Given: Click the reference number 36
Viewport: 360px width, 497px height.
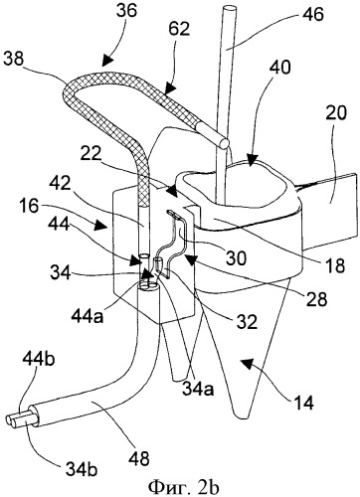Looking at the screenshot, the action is coord(126,11).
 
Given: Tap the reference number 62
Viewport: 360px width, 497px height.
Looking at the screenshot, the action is coord(179,29).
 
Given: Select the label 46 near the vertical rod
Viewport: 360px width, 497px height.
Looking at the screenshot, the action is coord(312,15).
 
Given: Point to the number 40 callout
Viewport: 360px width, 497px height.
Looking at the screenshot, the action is coord(280,67).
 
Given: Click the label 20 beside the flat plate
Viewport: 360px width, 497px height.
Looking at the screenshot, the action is coord(336,113).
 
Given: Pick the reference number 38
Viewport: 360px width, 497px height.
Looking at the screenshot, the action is coord(14,60).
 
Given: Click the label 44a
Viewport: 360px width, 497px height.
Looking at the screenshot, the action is coord(88,316).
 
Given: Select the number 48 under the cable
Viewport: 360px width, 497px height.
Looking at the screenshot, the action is coord(139,458).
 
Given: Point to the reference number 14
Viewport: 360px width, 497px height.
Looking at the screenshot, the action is coord(303,403).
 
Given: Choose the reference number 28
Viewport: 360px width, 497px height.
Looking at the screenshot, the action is coord(317,299).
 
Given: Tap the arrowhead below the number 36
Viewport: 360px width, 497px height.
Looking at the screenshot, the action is coord(106,59).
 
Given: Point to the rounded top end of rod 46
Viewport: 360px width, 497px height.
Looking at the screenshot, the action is coord(229,8).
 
